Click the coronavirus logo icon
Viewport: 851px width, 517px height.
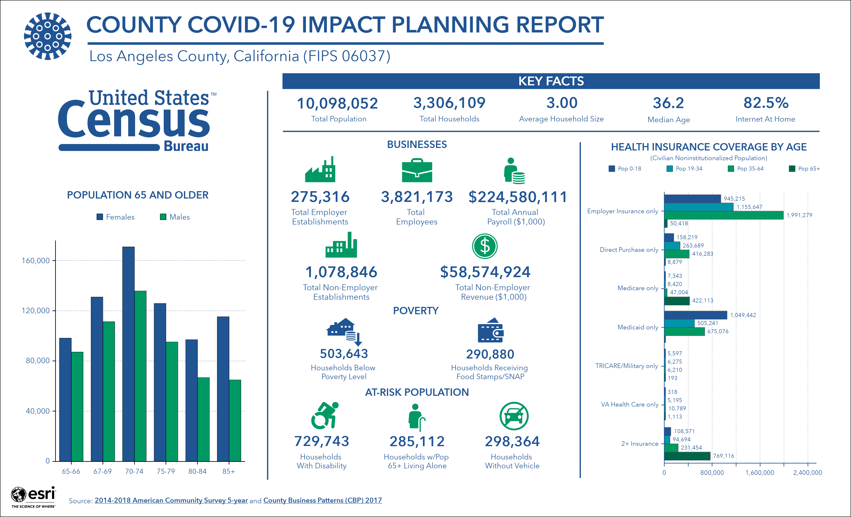tap(48, 36)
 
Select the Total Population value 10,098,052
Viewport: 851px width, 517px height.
tap(337, 103)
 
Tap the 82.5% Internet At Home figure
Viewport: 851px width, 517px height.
tap(766, 103)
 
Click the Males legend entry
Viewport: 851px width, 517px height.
tap(175, 217)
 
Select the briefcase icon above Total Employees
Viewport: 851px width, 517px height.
tap(417, 170)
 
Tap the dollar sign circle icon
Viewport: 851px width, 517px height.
tap(485, 246)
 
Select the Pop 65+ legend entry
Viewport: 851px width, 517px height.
tap(804, 169)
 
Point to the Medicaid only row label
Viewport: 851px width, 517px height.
tap(638, 327)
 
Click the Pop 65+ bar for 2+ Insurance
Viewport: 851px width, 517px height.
tap(687, 456)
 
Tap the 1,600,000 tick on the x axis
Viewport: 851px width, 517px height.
tap(760, 472)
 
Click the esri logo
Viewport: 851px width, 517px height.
tap(33, 497)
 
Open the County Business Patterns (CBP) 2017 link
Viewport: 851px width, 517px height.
tap(322, 500)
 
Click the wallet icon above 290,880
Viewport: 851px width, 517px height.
tap(490, 330)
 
